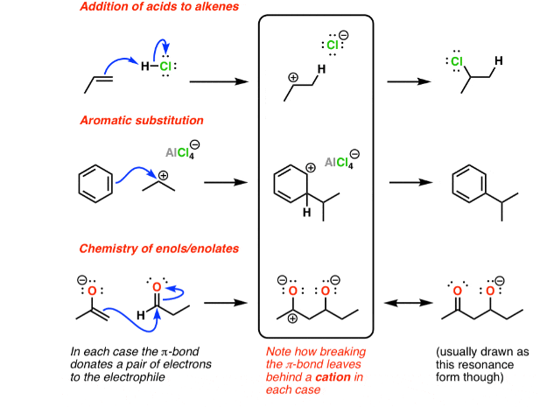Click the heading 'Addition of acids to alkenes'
click(150, 8)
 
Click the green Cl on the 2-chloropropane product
click(456, 61)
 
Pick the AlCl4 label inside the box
click(339, 162)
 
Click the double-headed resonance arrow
click(406, 302)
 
